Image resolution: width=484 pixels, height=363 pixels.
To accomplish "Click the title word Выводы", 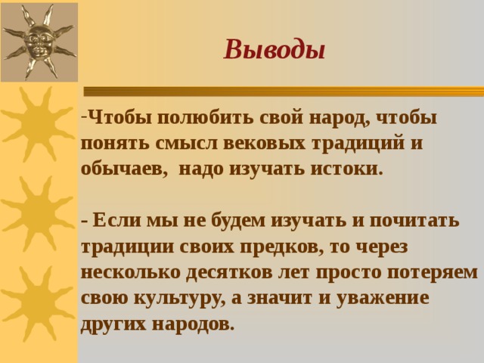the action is point(275,49).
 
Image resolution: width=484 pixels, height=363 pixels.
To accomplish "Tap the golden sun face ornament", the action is point(39,42).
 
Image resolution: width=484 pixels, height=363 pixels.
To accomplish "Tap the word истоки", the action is point(346,169).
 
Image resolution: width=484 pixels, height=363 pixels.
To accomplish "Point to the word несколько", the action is point(131,273).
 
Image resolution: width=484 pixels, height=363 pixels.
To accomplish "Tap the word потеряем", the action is point(432,273).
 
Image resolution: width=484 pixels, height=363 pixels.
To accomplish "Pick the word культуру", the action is point(180,299).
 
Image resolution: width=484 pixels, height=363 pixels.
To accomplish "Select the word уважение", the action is point(383,299).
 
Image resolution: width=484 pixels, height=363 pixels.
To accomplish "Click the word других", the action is point(113,324).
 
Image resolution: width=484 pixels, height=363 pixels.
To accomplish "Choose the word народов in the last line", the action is point(191,324).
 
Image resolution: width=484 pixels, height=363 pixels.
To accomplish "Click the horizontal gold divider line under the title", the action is point(284,91).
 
